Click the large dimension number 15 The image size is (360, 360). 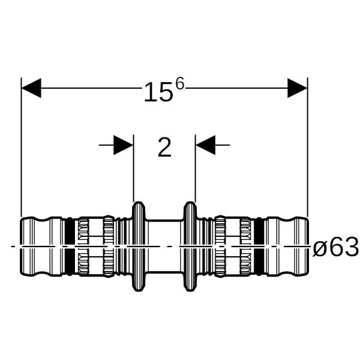click(158, 92)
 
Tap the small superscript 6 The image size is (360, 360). click(180, 83)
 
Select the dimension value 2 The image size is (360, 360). click(164, 148)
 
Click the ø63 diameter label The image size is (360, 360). click(335, 247)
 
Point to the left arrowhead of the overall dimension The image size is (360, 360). click(31, 88)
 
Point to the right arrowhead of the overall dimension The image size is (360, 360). click(298, 88)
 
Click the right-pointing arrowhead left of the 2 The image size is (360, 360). click(123, 145)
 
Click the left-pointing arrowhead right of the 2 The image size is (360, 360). click(205, 145)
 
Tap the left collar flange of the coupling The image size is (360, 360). click(139, 247)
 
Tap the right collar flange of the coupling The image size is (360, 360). click(190, 247)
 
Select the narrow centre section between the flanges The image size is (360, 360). click(164, 247)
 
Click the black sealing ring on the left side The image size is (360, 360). click(70, 247)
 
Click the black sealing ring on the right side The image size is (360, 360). click(259, 247)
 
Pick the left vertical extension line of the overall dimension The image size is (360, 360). click(21, 147)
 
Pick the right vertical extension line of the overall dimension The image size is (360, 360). click(307, 147)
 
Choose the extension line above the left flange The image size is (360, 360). click(134, 168)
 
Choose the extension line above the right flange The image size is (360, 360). click(195, 168)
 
